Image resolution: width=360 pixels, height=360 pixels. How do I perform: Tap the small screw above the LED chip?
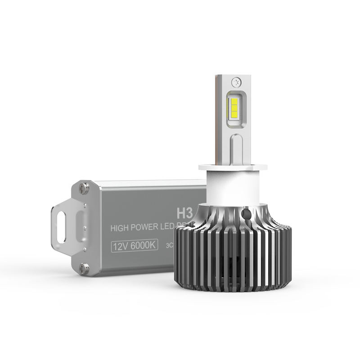coord(234,82)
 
